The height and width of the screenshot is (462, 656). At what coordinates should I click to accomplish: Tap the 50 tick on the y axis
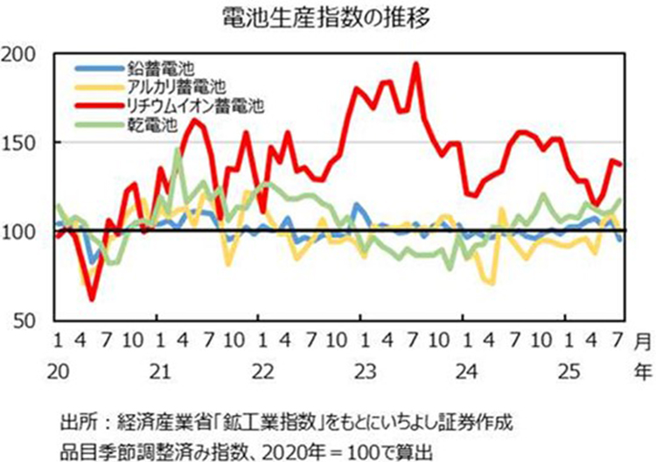[25, 320]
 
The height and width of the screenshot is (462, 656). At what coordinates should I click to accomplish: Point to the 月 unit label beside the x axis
[641, 339]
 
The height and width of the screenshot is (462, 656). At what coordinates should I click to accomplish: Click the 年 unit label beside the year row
[641, 372]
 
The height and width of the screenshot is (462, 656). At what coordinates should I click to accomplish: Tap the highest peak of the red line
[415, 64]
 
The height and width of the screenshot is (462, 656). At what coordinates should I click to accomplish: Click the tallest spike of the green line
[178, 150]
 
